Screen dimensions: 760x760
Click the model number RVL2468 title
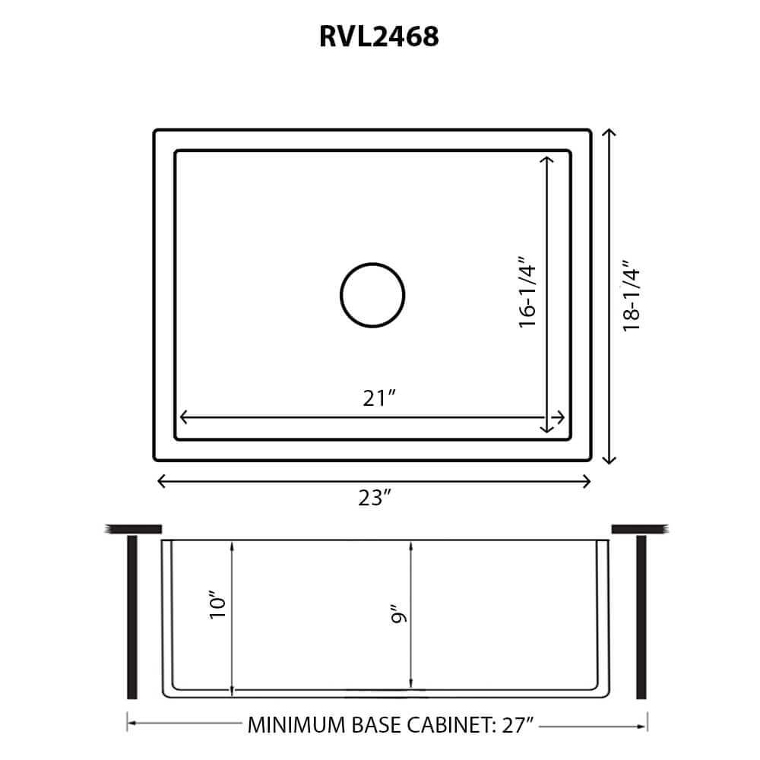point(379,36)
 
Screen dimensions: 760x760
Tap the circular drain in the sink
point(372,296)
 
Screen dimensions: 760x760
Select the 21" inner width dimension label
point(379,397)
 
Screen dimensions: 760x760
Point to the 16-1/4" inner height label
point(528,295)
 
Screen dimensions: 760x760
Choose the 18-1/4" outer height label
point(632,296)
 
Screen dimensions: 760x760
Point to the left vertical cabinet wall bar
point(131,616)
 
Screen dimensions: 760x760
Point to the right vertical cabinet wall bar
point(641,616)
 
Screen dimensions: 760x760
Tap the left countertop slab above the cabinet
point(135,528)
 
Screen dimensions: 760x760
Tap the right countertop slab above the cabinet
point(639,528)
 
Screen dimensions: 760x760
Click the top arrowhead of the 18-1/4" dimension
point(608,133)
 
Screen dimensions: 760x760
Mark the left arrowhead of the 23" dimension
point(160,480)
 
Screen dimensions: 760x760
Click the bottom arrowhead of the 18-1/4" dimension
point(608,459)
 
